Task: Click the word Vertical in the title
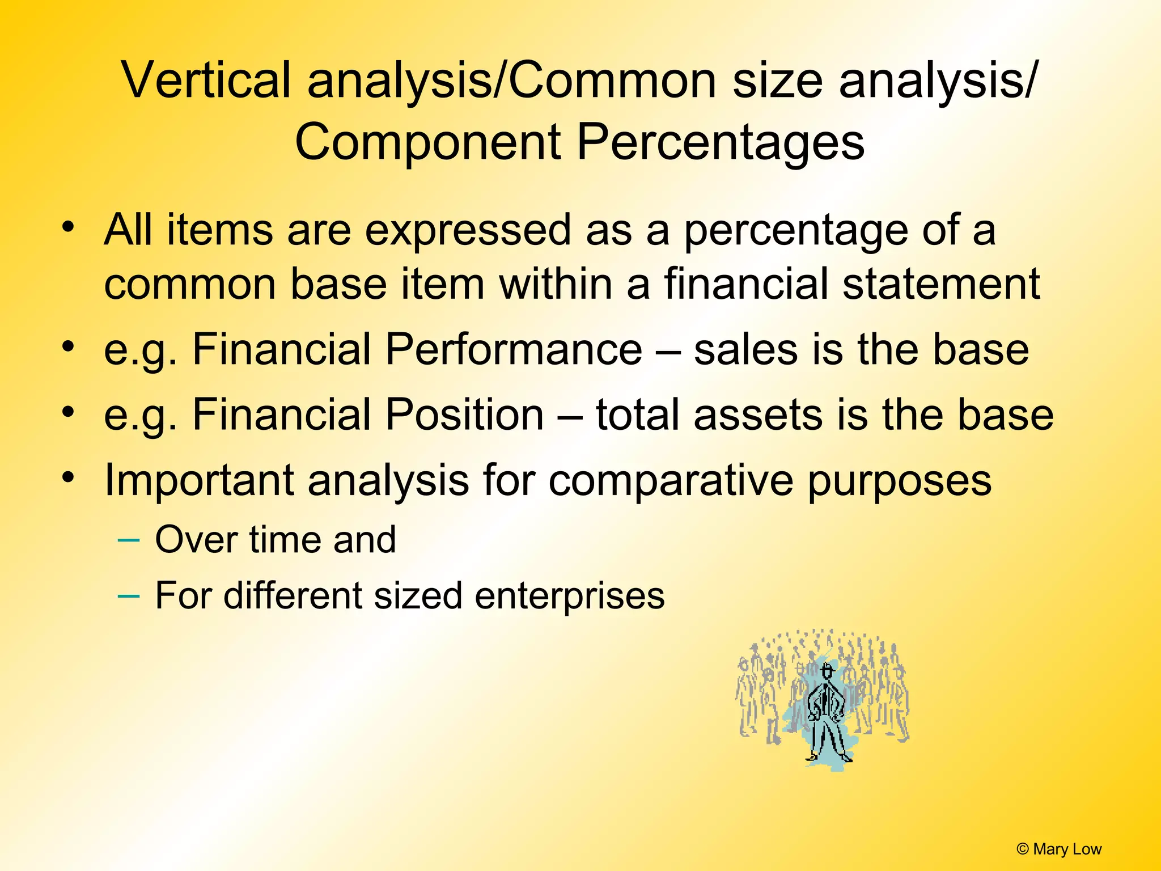pos(206,81)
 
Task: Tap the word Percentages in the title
pos(721,142)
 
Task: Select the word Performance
pos(514,349)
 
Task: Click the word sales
pos(745,349)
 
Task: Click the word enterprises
pos(569,596)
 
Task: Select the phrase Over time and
pos(276,539)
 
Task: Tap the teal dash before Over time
pos(128,539)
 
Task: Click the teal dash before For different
pos(128,595)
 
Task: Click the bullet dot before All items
pos(69,227)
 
